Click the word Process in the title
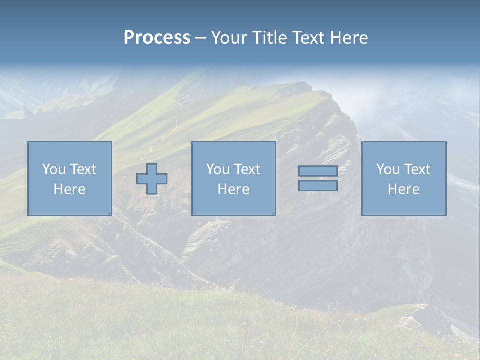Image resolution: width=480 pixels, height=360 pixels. [x=157, y=38]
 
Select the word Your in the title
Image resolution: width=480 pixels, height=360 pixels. [x=230, y=38]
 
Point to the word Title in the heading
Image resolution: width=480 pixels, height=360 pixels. [x=269, y=38]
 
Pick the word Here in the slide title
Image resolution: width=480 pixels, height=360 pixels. [x=349, y=38]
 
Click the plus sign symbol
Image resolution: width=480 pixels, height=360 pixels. [x=152, y=178]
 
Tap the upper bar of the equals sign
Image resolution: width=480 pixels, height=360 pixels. [x=318, y=171]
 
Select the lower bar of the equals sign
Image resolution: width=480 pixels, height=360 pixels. [x=318, y=185]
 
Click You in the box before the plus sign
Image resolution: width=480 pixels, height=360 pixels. [x=54, y=169]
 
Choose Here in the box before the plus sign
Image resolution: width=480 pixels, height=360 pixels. [x=69, y=189]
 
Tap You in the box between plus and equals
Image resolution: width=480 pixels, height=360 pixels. [x=218, y=169]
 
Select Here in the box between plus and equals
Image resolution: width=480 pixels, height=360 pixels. [x=233, y=189]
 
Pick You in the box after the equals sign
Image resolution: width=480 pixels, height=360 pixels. [x=388, y=169]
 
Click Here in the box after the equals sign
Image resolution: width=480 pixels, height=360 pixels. [x=403, y=189]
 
